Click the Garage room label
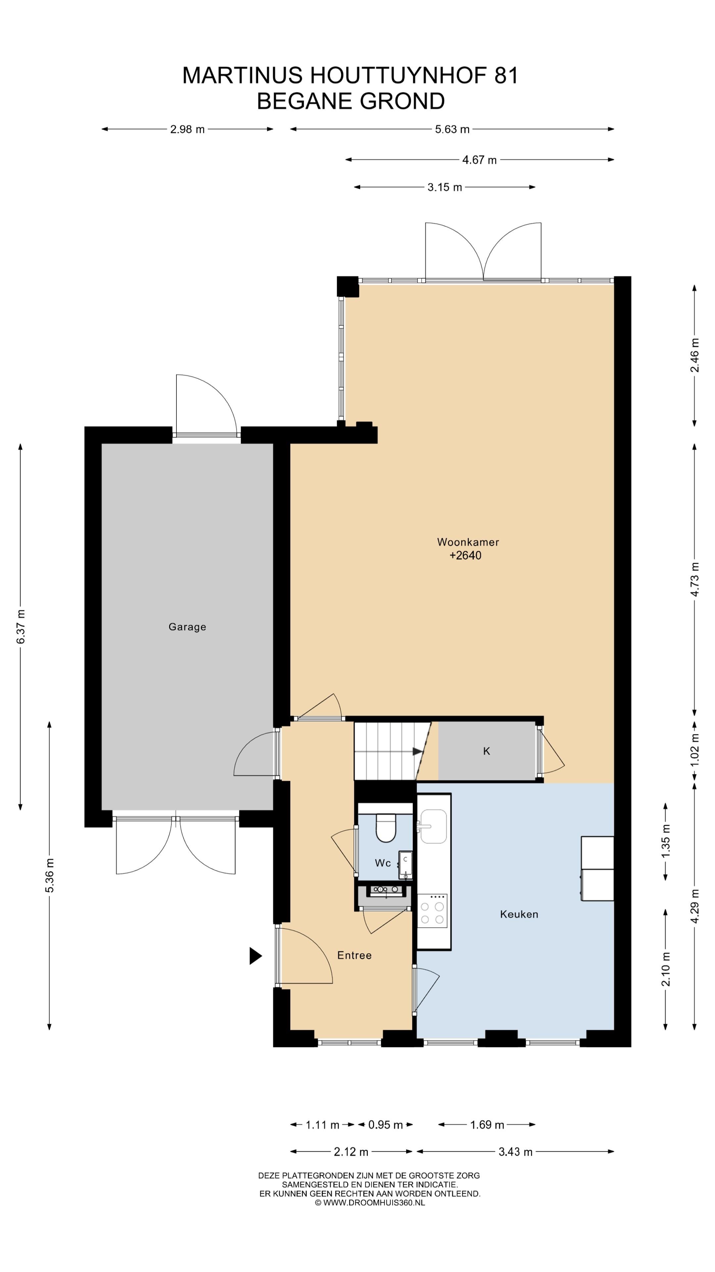coord(187,627)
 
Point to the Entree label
coord(354,955)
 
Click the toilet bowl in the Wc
coord(386,827)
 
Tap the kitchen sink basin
coord(433,826)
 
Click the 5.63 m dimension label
coord(452,130)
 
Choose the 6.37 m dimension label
coord(21,627)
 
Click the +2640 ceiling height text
coord(465,556)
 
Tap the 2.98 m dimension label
coord(187,130)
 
